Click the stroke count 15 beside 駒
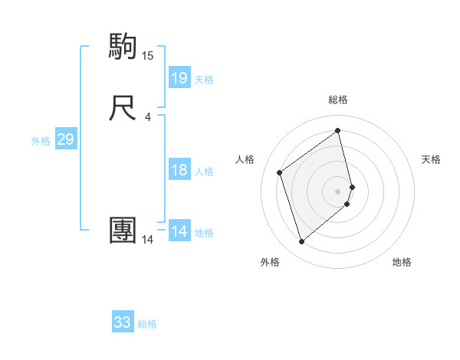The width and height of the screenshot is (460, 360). [148, 55]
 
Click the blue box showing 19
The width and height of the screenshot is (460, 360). [179, 78]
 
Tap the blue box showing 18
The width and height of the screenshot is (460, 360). [179, 170]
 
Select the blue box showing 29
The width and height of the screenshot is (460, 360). [65, 139]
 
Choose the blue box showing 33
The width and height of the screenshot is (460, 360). [123, 322]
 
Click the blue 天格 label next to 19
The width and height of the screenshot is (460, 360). [204, 80]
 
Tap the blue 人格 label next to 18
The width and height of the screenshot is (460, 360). [204, 172]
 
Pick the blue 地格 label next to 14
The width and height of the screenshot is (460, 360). [204, 233]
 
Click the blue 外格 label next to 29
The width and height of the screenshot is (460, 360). [41, 141]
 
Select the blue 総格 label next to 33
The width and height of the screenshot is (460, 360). [147, 324]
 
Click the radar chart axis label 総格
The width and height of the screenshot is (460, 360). [338, 100]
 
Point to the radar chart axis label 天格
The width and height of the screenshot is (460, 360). [432, 159]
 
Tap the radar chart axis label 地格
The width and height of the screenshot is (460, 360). [402, 262]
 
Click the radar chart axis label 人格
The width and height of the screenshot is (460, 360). [245, 159]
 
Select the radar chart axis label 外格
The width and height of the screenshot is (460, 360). [270, 262]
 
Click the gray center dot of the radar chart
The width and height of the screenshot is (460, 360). [338, 190]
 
